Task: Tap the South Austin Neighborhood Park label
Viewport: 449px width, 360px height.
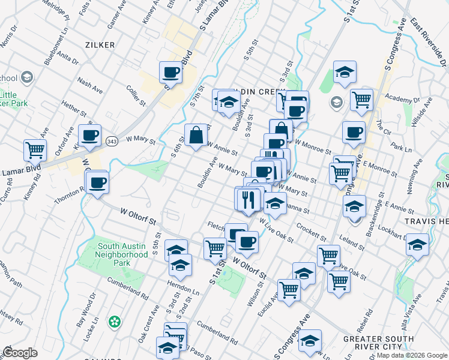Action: (122, 254)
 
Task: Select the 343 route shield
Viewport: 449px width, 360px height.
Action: (112, 141)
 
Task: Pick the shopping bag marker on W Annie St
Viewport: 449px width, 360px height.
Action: (196, 134)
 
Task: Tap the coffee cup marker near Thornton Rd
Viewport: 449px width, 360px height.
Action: (97, 182)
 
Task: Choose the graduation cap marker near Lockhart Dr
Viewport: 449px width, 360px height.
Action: (418, 245)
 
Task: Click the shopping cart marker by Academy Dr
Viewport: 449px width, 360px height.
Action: (361, 100)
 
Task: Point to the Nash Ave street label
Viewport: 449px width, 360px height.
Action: (89, 87)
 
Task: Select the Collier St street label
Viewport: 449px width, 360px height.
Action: (136, 95)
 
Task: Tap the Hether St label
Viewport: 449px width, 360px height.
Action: (74, 109)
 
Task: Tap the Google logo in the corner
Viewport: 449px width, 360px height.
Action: (20, 353)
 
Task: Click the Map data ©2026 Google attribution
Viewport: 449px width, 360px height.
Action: (411, 355)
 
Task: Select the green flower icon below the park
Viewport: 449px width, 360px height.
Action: (114, 322)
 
